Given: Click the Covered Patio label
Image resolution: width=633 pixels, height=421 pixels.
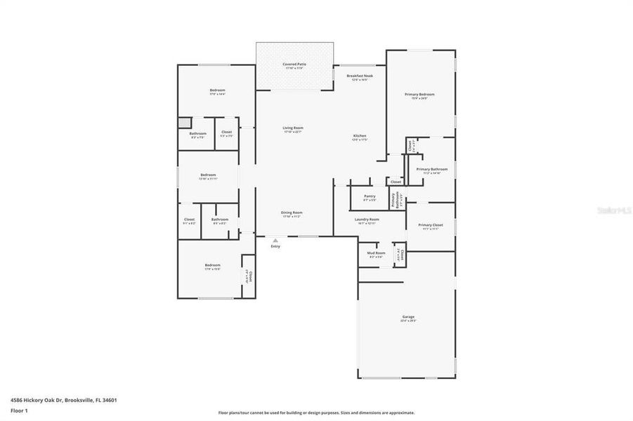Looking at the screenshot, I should tap(294, 64).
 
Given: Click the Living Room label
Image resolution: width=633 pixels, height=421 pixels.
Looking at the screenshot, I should tap(293, 128).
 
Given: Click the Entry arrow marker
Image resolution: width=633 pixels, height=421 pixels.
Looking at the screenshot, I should tap(275, 240).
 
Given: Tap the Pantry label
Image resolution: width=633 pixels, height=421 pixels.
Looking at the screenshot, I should tap(370, 196).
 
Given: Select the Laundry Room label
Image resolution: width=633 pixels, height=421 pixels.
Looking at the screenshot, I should tap(367, 220).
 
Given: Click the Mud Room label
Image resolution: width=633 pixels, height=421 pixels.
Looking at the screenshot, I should tap(376, 253).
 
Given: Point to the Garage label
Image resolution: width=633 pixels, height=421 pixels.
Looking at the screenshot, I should tap(409, 317).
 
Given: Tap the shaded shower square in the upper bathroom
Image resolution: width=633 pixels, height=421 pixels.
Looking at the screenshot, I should tap(184, 122).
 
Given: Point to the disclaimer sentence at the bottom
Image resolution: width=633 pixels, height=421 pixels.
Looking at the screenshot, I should tap(316, 413).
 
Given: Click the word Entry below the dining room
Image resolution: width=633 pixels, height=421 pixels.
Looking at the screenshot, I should tap(275, 246).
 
